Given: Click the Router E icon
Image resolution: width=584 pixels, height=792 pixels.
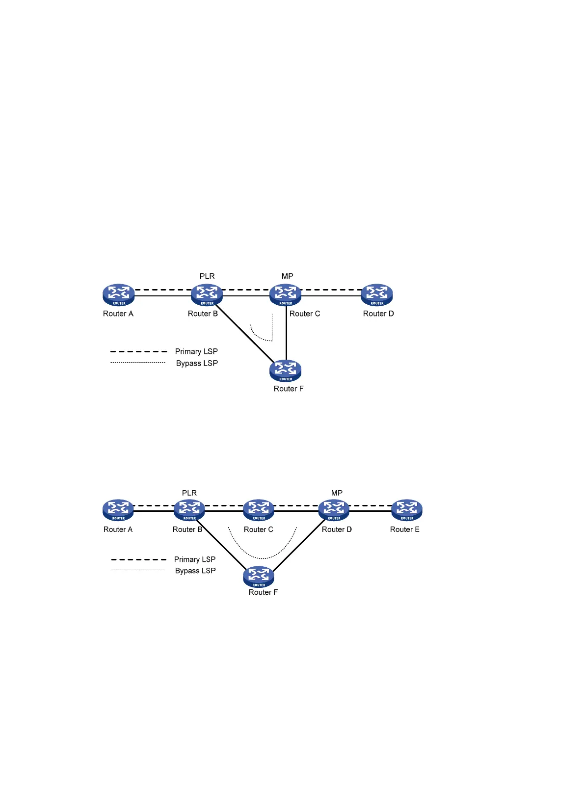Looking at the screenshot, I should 407,510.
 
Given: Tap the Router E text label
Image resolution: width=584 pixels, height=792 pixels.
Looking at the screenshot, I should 404,529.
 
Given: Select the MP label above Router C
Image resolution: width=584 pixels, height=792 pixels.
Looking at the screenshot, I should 288,276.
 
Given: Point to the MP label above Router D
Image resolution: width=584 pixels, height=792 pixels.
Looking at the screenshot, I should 337,493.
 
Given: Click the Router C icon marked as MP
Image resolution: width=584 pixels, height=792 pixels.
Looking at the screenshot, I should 285,295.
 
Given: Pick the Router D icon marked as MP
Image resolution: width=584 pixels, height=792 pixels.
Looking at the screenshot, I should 334,510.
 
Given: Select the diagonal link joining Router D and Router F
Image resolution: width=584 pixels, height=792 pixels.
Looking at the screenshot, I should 299,545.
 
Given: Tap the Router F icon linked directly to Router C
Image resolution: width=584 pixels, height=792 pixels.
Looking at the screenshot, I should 285,370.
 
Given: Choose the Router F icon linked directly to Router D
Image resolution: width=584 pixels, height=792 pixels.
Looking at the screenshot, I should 259,577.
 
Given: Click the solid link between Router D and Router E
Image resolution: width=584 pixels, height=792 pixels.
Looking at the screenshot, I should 370,511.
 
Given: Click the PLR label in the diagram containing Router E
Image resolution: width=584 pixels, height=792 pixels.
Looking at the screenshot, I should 189,493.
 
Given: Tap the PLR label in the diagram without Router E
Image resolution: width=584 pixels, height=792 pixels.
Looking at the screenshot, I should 207,276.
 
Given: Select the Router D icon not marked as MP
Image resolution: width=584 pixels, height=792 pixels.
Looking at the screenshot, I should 377,295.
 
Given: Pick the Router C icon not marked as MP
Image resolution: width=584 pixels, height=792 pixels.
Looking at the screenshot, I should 259,510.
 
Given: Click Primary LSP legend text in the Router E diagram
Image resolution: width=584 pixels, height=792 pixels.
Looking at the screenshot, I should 195,559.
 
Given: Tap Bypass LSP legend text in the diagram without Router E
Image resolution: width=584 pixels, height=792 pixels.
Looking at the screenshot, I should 197,363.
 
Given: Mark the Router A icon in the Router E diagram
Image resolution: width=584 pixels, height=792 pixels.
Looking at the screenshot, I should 118,510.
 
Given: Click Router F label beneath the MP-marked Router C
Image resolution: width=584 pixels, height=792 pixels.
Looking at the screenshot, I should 289,389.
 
